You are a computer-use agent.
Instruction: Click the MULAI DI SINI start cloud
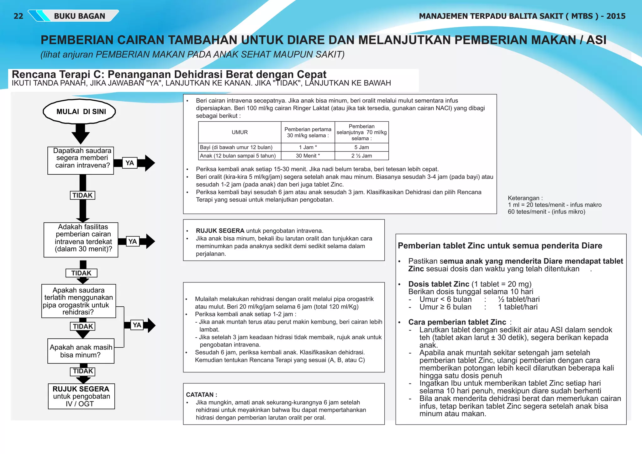80,112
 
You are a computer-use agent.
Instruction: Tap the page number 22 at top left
18,16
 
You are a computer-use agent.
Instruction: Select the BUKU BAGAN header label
79,16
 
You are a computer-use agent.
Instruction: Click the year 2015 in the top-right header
616,16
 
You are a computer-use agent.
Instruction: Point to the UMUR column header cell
239,132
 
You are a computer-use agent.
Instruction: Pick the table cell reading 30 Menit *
308,156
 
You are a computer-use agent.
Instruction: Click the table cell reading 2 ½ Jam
361,156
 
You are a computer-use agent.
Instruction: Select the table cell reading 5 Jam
361,147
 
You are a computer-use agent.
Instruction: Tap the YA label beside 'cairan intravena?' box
129,163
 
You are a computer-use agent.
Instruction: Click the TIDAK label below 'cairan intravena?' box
82,195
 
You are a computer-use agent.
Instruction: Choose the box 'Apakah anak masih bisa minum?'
81,351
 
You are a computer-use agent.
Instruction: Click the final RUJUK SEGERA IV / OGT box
81,396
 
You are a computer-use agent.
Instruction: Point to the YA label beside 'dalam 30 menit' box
133,241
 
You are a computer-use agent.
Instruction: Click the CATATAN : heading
202,395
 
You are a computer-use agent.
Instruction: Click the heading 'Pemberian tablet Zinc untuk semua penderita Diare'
500,246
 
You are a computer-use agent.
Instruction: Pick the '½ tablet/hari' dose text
519,299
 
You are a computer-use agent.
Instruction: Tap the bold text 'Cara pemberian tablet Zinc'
457,322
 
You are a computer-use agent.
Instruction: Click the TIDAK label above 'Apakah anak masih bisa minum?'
83,326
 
